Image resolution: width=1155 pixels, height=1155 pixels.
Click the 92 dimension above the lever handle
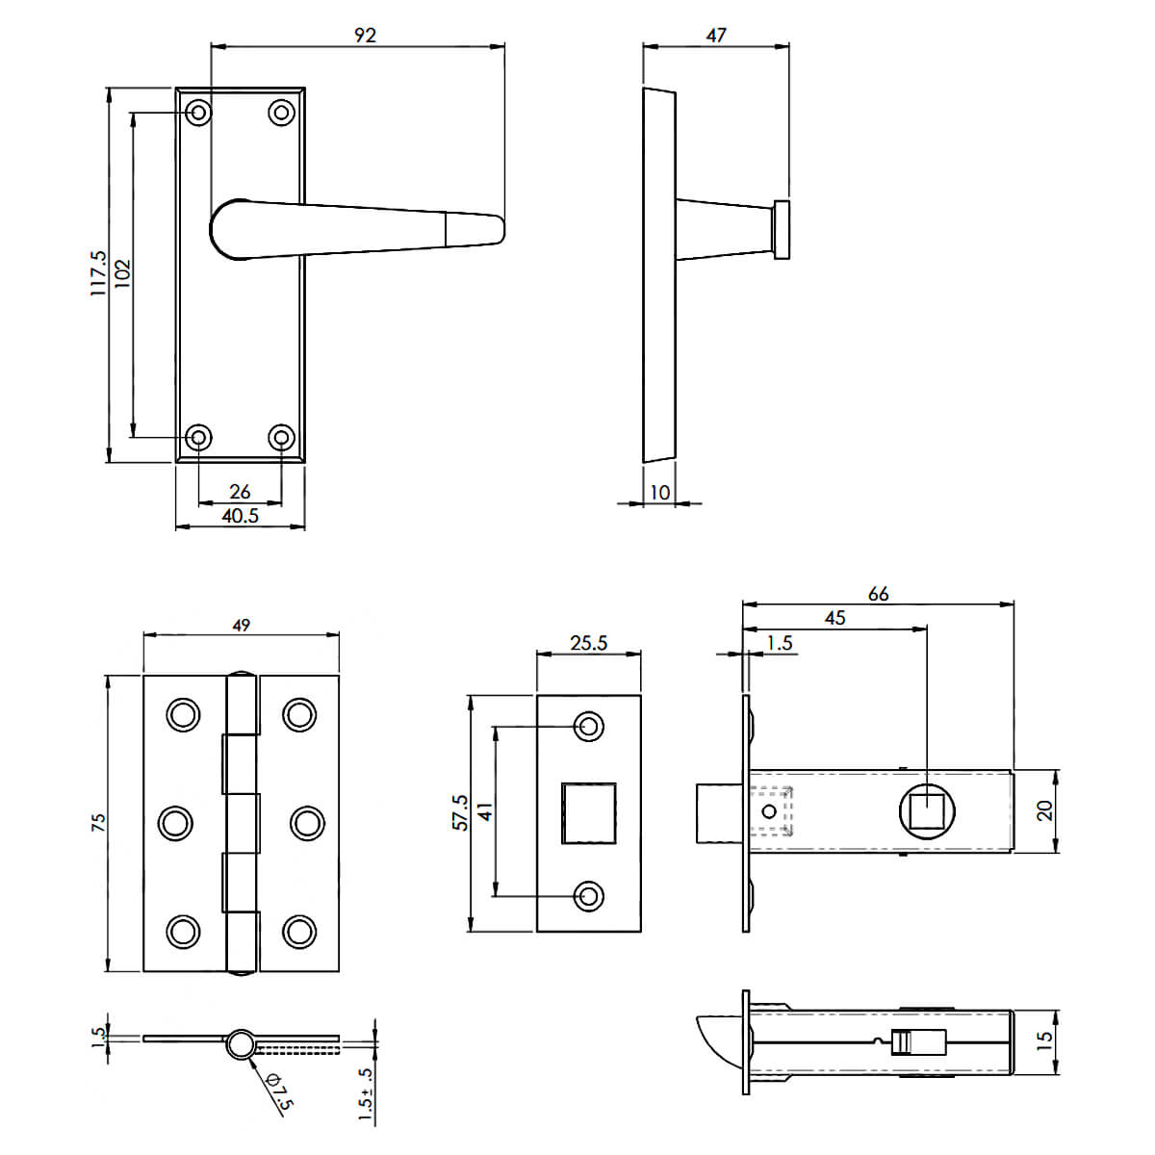pos(365,36)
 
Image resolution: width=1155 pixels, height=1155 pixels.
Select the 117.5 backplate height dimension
pos(98,272)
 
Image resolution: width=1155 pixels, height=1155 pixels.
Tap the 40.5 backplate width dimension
pos(241,516)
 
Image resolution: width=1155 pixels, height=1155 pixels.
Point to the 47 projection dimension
pos(716,36)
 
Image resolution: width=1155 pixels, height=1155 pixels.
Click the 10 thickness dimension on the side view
pos(660,492)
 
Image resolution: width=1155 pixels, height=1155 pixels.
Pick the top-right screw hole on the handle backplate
pos(282,112)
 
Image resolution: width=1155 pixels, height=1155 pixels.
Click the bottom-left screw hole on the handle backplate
pos(198,438)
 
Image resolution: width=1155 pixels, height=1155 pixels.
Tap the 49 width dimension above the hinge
pos(241,626)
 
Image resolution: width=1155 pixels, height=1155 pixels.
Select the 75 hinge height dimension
pos(98,822)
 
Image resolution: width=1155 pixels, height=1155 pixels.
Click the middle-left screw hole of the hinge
pos(175,823)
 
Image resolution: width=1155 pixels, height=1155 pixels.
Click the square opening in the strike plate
pos(589,812)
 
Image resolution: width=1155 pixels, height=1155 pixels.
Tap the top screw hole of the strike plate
pos(589,727)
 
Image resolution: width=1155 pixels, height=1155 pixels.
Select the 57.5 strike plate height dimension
pos(460,812)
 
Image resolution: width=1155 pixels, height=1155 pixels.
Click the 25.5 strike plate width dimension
pos(589,643)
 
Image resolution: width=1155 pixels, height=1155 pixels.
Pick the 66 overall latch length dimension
pos(878,594)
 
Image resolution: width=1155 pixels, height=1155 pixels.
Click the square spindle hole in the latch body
pos(927,811)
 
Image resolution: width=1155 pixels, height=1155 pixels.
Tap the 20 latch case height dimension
pos(1044,810)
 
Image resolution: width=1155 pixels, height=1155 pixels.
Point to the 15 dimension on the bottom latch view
pos(1044,1039)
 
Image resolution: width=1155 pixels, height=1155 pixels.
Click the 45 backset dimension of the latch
pos(834,617)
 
